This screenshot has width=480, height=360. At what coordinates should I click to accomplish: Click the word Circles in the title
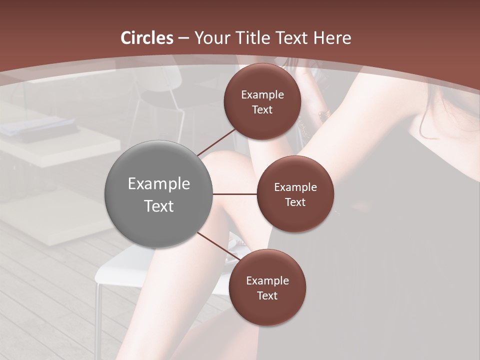(146, 38)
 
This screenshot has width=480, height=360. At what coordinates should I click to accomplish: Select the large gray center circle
(158, 194)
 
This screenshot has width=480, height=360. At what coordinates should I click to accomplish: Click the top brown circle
(262, 101)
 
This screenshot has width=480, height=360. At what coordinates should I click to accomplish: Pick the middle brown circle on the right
(295, 194)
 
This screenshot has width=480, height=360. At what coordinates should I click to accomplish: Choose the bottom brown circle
(267, 287)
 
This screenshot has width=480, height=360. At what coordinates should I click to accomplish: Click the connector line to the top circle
(216, 142)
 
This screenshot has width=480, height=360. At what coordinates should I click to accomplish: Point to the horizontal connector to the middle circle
(234, 194)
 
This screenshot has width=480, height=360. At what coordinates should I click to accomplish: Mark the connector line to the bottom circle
(218, 247)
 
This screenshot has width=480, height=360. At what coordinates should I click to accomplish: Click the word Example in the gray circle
(158, 183)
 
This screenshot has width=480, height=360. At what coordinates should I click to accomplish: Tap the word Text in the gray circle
(158, 205)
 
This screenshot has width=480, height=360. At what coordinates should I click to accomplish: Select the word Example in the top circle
(262, 94)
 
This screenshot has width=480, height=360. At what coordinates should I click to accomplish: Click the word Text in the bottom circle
(267, 295)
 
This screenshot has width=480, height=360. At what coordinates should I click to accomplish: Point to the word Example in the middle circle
(295, 187)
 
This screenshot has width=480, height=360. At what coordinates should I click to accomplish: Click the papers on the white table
(37, 126)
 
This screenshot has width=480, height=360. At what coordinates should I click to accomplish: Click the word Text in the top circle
(262, 109)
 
